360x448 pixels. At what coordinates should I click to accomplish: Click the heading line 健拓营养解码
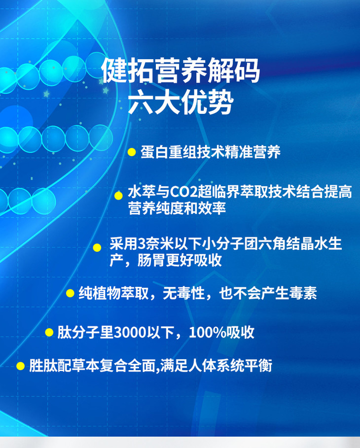point(180,70)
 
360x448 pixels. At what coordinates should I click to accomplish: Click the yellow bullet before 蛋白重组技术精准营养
point(132,152)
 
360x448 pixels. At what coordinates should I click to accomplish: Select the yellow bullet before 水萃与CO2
point(118,196)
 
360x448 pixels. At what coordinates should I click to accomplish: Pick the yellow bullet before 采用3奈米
point(97,247)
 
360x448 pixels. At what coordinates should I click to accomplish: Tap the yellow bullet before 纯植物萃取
point(70,293)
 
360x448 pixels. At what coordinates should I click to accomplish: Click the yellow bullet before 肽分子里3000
point(49,332)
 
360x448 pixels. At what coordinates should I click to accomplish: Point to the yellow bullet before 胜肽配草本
point(20,366)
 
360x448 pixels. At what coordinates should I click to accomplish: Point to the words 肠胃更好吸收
point(180,260)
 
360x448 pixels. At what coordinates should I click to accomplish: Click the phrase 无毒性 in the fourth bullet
point(183,293)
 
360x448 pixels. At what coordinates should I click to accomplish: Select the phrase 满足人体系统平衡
point(216,366)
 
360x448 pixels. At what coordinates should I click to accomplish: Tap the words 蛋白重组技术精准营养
point(211,152)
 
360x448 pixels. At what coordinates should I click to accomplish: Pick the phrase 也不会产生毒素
point(268,293)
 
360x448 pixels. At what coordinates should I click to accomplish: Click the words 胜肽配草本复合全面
point(92,366)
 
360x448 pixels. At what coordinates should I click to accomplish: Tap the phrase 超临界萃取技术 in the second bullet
point(247,192)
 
